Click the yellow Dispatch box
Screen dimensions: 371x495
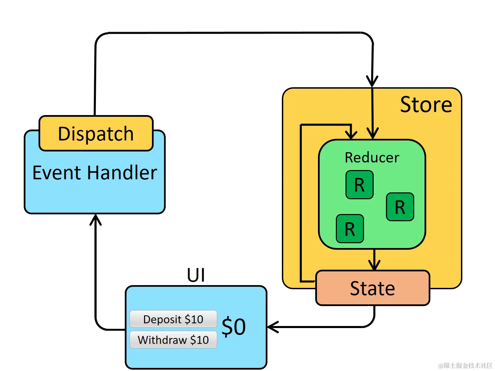[x=96, y=133]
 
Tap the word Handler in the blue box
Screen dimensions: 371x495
[x=122, y=172]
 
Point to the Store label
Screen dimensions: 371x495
[x=426, y=104]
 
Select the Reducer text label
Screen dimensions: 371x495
[x=372, y=158]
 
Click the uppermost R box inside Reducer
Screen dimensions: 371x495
[x=359, y=185]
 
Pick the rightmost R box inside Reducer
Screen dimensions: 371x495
[x=400, y=207]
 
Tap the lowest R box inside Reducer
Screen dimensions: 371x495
[x=350, y=229]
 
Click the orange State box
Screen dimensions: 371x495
[x=373, y=288]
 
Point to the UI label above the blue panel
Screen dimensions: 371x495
[x=196, y=275]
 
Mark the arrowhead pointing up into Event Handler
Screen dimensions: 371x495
[x=96, y=219]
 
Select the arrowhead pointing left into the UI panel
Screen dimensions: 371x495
[x=273, y=327]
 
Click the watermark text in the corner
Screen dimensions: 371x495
[x=465, y=366]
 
